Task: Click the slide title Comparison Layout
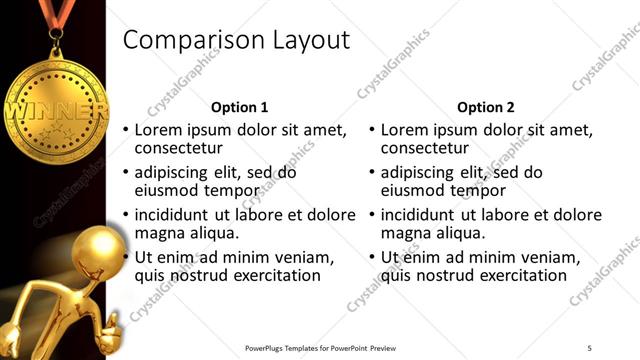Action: click(236, 40)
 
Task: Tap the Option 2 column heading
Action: click(486, 107)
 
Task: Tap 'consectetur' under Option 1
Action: click(179, 149)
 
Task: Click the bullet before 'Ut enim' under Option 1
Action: click(125, 257)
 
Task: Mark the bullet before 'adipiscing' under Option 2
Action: click(371, 172)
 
